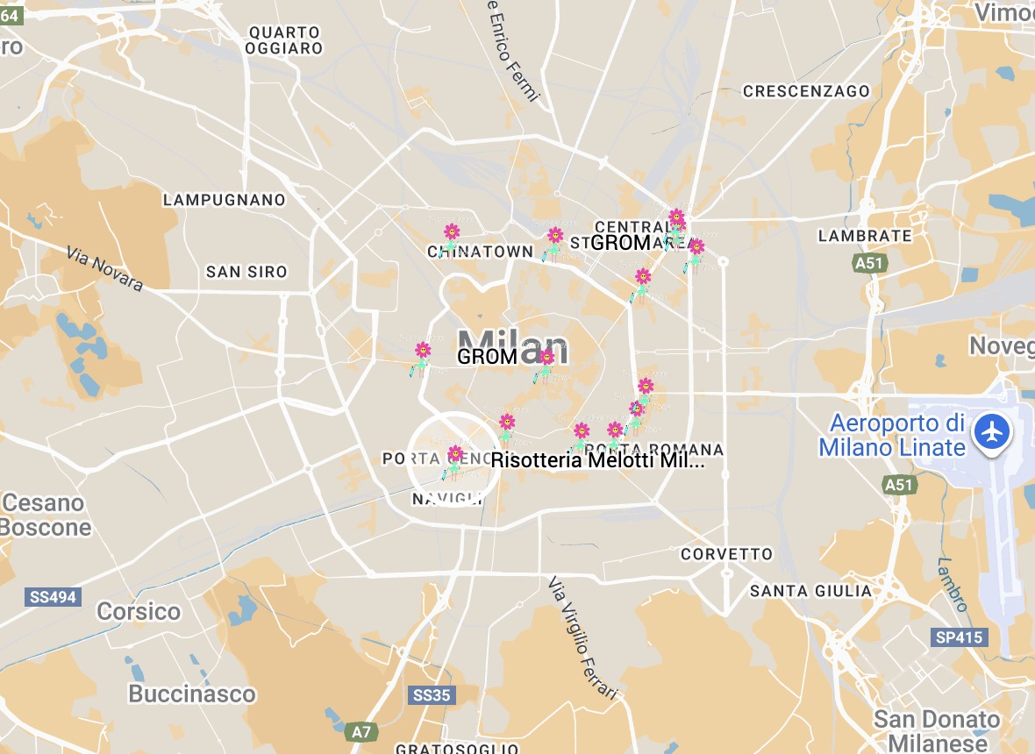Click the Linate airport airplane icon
point(993,432)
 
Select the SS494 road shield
point(54,597)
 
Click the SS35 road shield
point(431,695)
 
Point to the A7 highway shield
point(360,730)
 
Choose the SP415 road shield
point(960,637)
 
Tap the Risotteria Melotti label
point(598,461)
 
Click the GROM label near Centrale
point(620,243)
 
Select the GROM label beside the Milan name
point(488,357)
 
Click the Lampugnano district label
point(225,200)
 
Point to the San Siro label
point(246,272)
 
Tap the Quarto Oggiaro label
point(285,40)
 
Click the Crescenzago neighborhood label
point(806,91)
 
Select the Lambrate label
point(865,236)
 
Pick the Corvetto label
point(727,554)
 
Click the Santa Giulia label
point(810,591)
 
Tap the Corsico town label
point(139,611)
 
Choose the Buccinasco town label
point(192,694)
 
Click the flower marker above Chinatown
point(452,232)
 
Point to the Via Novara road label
point(104,268)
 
